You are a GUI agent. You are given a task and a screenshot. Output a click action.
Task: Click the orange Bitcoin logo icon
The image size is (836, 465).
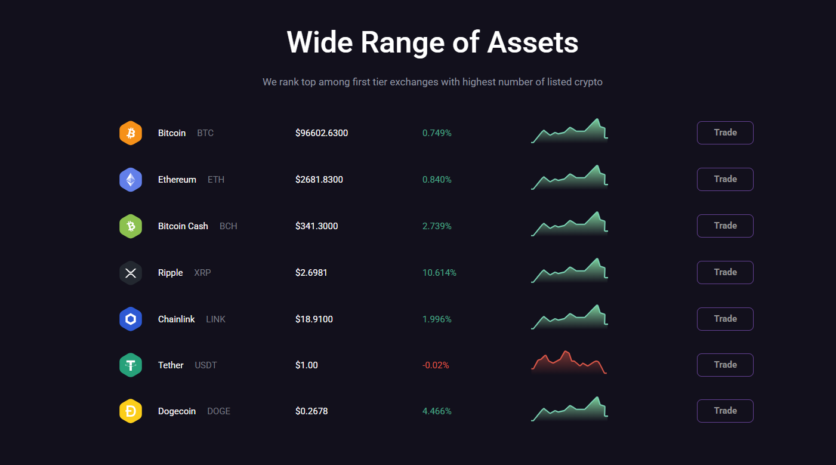click(131, 133)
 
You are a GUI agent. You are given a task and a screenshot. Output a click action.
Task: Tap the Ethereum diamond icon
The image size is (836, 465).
click(131, 180)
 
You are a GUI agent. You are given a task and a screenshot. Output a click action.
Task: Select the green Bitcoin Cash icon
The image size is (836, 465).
click(131, 226)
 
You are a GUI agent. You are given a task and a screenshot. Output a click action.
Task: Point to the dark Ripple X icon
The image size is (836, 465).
click(131, 273)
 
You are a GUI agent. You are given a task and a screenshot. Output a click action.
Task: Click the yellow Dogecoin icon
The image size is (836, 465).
click(131, 411)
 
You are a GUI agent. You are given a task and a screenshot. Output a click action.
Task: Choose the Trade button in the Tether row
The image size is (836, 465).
click(725, 365)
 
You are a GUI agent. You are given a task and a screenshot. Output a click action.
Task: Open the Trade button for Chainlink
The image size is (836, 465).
click(725, 319)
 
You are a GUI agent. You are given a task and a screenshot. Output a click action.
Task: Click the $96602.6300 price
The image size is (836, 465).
click(321, 133)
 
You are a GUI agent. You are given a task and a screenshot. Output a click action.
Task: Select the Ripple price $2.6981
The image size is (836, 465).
click(311, 273)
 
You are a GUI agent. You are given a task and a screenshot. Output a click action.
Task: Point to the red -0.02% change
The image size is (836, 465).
click(436, 365)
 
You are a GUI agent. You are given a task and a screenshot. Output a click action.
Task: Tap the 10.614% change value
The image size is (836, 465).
click(439, 273)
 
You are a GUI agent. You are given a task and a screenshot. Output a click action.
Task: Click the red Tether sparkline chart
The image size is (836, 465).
click(569, 363)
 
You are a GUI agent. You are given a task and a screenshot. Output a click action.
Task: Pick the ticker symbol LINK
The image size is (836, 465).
click(215, 319)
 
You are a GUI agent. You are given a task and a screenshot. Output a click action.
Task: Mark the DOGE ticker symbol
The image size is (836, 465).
click(218, 411)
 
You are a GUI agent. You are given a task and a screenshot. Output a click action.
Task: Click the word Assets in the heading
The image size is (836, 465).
click(532, 42)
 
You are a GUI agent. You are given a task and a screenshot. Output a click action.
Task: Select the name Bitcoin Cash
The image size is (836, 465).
click(183, 226)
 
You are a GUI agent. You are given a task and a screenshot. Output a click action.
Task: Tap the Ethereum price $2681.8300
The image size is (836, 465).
click(319, 180)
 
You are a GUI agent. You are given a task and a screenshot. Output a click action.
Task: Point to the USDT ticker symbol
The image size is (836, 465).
click(206, 365)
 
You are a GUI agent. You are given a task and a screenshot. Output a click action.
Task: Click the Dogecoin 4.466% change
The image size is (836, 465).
click(437, 411)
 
